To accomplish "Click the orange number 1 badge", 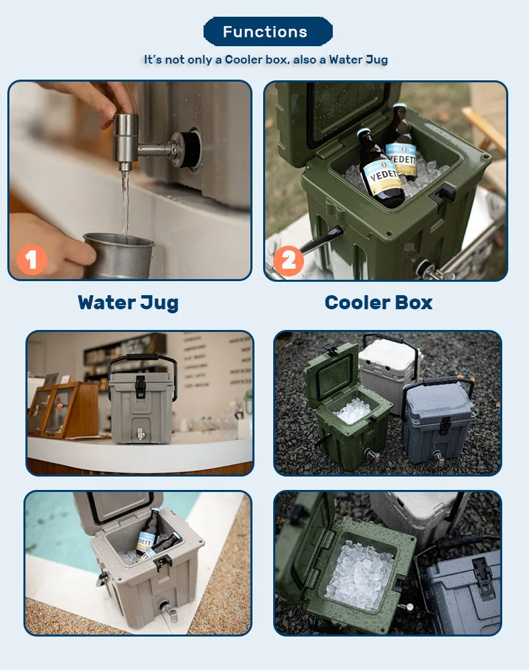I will point(31,259).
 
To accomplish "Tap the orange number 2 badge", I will point(289,259).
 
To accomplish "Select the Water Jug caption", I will point(128,303).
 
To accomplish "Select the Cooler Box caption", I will point(378,303).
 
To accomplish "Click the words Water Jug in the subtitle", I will point(358,60).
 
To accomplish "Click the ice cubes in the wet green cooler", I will point(360,576).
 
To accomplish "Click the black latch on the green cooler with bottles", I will point(444,195).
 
